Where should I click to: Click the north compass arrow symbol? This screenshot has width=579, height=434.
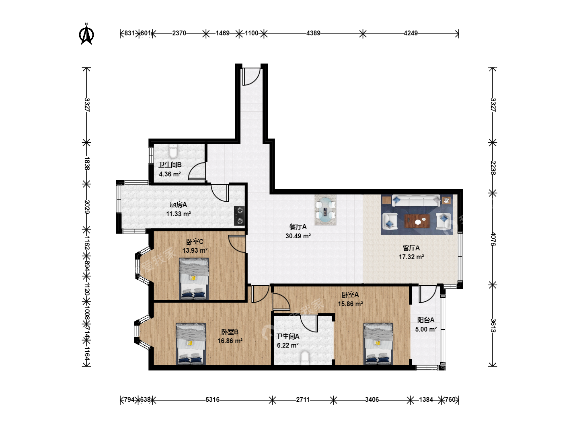[86, 34]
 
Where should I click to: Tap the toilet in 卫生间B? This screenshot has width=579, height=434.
[173, 150]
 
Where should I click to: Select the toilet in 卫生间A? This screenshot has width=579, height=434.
[305, 358]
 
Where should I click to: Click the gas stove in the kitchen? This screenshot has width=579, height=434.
[239, 216]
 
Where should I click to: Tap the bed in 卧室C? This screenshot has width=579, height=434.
[194, 279]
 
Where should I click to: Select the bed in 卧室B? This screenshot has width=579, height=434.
[191, 344]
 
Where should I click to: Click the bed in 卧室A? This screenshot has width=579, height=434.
[378, 344]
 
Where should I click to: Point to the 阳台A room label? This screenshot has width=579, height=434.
[426, 320]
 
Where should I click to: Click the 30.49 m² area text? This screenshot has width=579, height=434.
[298, 236]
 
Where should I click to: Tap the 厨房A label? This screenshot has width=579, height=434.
[178, 205]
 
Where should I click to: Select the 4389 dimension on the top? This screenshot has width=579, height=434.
[313, 33]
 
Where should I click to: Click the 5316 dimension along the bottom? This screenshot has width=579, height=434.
[212, 399]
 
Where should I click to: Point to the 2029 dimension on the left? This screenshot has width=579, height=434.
[87, 207]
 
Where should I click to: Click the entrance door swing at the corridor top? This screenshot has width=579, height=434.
[251, 77]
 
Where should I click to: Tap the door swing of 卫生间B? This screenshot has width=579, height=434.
[197, 171]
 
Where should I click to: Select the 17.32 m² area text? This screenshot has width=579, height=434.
[411, 257]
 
